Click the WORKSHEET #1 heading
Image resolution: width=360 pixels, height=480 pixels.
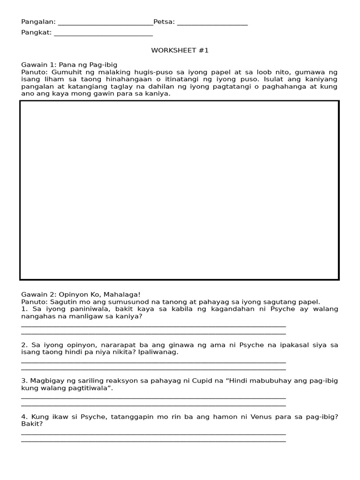click(x=180, y=50)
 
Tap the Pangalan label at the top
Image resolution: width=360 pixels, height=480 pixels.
click(x=38, y=22)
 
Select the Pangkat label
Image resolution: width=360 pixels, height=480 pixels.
click(x=36, y=32)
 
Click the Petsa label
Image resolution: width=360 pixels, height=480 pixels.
click(x=164, y=22)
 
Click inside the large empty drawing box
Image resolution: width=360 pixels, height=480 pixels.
click(x=180, y=190)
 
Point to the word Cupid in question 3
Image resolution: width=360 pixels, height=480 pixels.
click(x=202, y=381)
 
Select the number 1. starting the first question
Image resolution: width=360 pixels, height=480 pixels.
click(x=24, y=309)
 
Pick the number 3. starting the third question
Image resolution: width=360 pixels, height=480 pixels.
click(x=24, y=381)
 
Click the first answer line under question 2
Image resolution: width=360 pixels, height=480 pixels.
click(x=153, y=361)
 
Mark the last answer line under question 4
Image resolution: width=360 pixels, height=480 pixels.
click(x=153, y=441)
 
